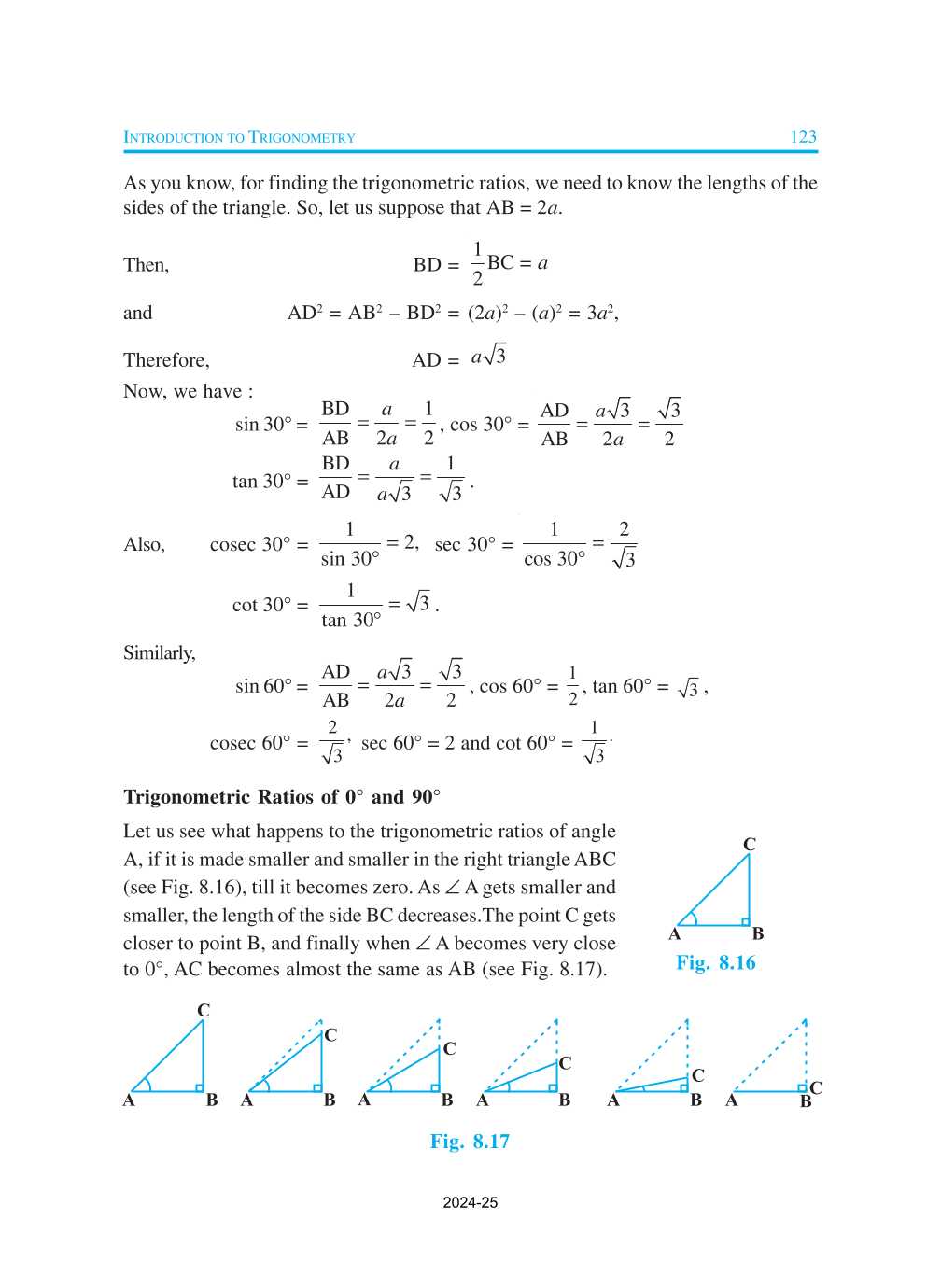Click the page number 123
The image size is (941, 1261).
pos(803,136)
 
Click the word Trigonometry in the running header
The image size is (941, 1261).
pos(302,137)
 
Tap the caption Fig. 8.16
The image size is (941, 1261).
pos(716,962)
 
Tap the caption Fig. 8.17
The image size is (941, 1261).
pos(470,1141)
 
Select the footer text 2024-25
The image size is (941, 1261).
pos(470,1202)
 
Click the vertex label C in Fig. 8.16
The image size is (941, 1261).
pos(749,844)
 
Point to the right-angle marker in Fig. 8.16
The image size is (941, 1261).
pos(745,921)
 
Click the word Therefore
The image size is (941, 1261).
pos(166,360)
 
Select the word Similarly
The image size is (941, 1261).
pos(159,652)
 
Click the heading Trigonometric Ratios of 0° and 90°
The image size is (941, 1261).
pos(281,796)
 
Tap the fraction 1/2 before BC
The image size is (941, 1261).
pos(477,263)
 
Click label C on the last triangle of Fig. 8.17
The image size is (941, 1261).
pos(816,1087)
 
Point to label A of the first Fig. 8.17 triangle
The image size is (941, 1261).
pos(129,1100)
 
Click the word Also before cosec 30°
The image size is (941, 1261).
pos(144,544)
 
